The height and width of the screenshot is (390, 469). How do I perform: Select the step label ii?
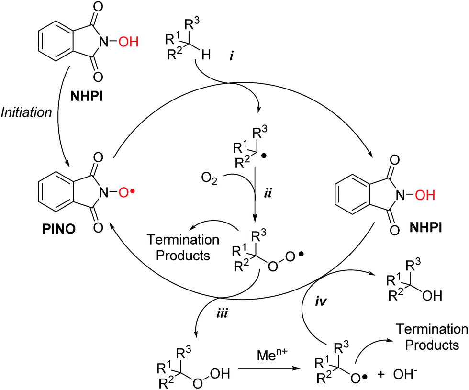coord(269,195)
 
